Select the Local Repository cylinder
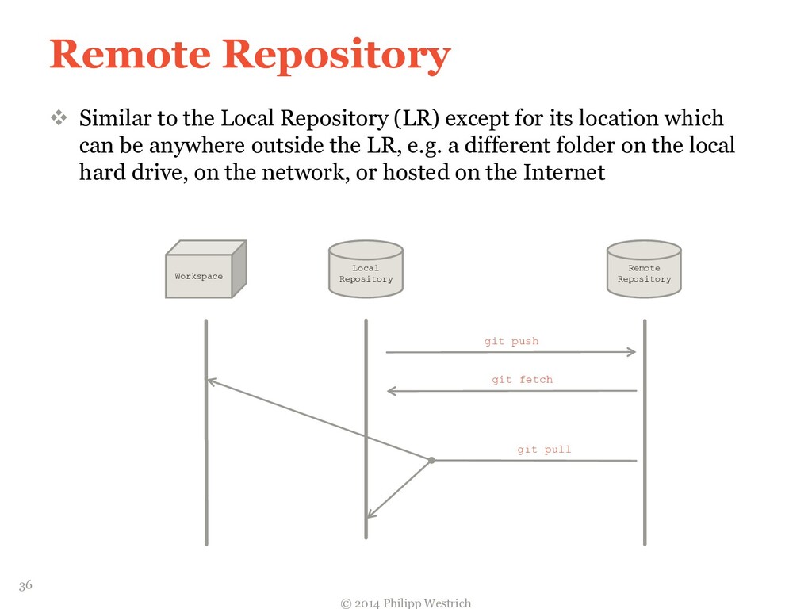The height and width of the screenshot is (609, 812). point(366,271)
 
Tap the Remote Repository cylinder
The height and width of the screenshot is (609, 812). point(644,271)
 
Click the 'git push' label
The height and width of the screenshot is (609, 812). point(511,341)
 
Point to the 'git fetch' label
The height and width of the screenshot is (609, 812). point(522,380)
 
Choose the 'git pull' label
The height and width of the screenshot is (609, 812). point(544,450)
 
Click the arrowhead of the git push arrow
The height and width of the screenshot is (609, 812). point(632,352)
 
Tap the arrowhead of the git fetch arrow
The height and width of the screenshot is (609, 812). point(391,391)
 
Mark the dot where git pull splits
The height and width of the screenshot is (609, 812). point(431,460)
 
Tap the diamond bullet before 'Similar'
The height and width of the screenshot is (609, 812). point(59,119)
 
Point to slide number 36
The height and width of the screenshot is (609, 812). point(25,585)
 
